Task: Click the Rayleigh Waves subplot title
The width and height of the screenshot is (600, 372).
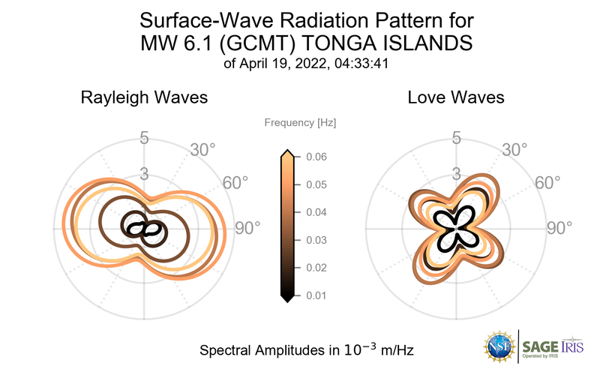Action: pos(144,98)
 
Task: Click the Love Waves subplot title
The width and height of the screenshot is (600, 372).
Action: pos(456,98)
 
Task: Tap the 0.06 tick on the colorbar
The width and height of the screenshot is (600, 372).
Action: pos(316,157)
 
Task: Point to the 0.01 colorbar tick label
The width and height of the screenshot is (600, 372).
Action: pos(316,295)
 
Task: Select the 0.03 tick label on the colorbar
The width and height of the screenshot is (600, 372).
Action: pos(316,240)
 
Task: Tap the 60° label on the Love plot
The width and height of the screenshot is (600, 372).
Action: pos(547,183)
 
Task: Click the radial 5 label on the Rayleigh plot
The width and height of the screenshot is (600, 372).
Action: pos(143,138)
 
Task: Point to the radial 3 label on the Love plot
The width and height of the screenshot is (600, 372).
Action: pos(455,174)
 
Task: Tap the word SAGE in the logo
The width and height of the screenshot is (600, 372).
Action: pos(539,345)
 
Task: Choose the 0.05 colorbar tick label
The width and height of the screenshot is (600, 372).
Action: pos(316,184)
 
